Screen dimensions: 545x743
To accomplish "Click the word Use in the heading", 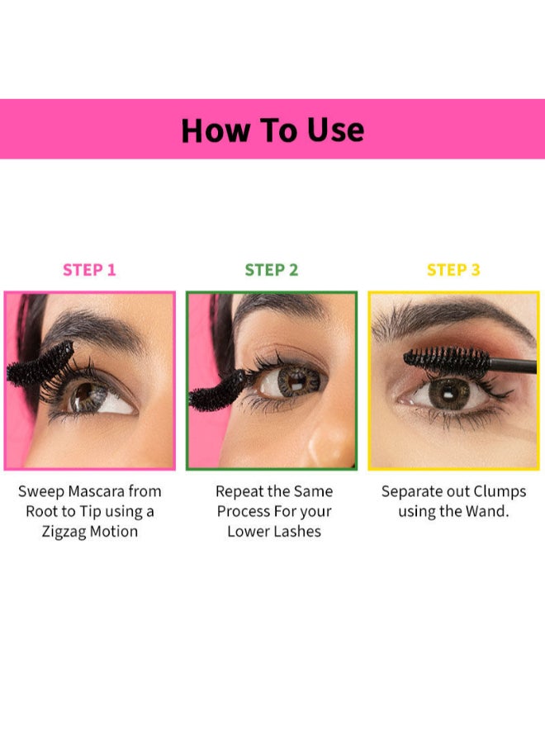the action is [335, 130].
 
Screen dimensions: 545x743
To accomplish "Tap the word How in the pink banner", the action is [216, 130].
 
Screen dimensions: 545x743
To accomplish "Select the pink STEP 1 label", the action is [89, 270].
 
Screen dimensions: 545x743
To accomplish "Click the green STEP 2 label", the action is [272, 270].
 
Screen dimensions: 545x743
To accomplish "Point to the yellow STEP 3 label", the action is [453, 270].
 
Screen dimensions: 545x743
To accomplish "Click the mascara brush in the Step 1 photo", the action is [40, 363].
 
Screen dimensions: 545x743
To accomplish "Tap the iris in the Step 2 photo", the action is [296, 381].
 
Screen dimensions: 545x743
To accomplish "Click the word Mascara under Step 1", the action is [97, 491].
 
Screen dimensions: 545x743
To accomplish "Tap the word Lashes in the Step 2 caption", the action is [297, 532].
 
